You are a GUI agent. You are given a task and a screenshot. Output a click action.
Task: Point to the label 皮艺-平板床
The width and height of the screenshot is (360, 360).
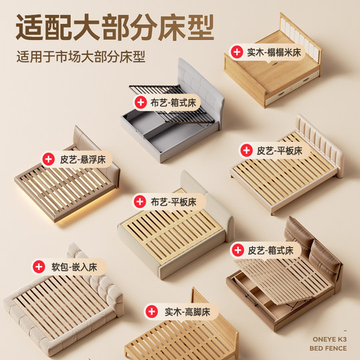pyautogui.click(x=279, y=151)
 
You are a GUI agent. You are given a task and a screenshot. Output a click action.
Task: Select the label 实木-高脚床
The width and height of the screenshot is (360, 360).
pyautogui.click(x=187, y=311)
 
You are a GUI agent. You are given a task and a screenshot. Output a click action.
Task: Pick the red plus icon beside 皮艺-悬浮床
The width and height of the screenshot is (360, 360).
pyautogui.click(x=49, y=159)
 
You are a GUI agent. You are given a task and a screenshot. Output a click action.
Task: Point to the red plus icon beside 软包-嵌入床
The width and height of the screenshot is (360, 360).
pyautogui.click(x=39, y=267)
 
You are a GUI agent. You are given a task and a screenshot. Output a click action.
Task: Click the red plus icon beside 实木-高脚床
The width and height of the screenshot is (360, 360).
pyautogui.click(x=153, y=311)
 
